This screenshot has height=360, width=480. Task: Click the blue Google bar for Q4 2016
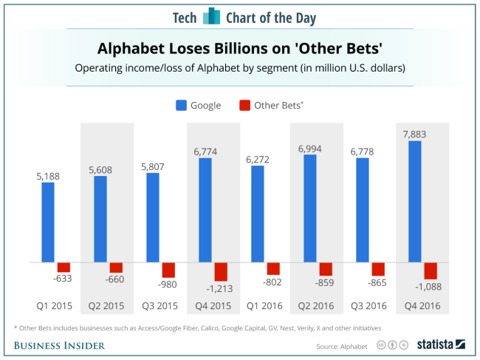click(415, 201)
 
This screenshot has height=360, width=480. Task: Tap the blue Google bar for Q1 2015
click(48, 222)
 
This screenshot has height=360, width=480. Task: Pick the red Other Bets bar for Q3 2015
click(168, 270)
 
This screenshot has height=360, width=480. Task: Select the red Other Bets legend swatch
click(244, 105)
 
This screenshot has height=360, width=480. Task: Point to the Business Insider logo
click(59, 345)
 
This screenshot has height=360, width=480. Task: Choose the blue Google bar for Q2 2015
click(100, 219)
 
